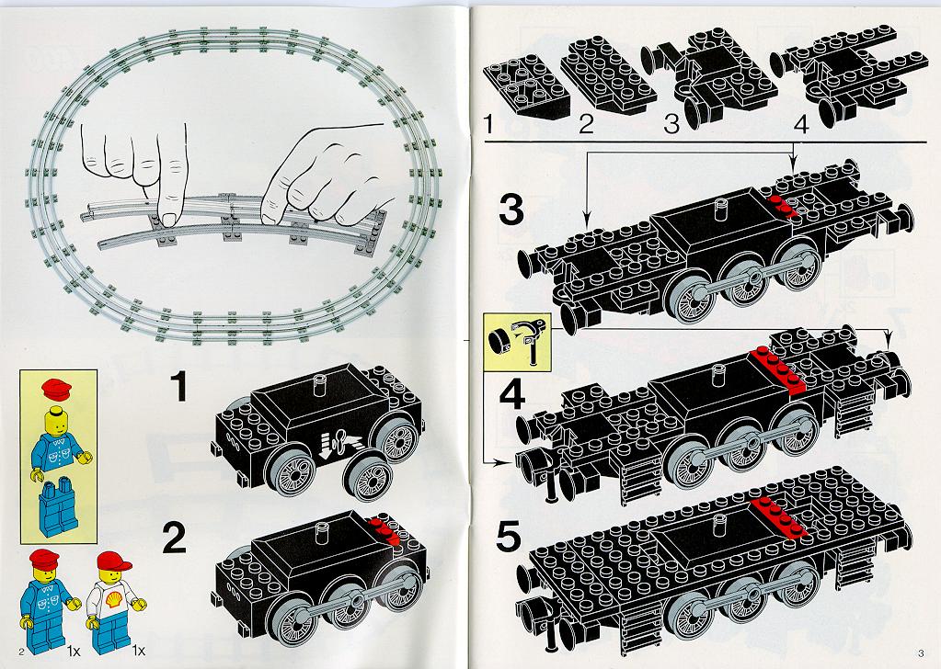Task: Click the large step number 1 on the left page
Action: click(x=178, y=386)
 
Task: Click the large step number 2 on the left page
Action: click(x=174, y=538)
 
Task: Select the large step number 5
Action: click(x=509, y=537)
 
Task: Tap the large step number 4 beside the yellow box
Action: click(x=512, y=393)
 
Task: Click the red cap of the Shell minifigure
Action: click(x=113, y=561)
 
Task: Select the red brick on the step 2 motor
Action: click(x=384, y=528)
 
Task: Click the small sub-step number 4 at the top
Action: click(x=801, y=125)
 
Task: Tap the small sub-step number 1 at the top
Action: click(x=488, y=124)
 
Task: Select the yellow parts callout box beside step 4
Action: click(x=517, y=342)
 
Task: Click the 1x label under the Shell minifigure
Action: click(x=139, y=650)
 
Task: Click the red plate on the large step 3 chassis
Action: click(x=782, y=206)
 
